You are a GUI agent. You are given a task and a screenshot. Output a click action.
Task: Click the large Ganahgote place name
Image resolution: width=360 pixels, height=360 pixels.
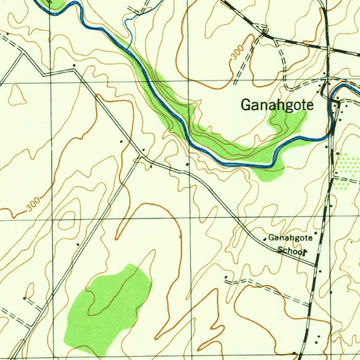277,105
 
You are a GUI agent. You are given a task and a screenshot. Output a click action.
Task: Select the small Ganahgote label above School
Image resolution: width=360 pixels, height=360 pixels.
290,238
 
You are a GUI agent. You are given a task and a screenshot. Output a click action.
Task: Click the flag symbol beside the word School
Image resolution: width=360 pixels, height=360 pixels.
306,251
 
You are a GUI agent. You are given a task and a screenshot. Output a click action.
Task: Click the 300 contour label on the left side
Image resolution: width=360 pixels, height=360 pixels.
34,205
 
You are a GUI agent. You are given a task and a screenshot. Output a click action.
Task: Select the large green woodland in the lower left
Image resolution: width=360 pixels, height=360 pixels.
107,306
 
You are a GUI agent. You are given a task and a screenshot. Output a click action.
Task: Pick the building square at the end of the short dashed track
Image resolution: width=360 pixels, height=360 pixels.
24,298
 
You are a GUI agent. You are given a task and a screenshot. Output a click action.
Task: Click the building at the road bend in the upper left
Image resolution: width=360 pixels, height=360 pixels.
74,65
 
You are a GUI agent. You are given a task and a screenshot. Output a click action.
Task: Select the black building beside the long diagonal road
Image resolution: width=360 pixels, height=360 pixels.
78,244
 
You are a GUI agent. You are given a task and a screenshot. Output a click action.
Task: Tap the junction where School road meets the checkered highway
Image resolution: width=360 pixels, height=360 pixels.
316,264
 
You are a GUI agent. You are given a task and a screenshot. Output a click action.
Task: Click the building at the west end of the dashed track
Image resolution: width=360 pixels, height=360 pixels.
226,277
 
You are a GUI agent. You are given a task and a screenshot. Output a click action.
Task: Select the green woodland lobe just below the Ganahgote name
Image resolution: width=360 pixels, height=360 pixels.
287,121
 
